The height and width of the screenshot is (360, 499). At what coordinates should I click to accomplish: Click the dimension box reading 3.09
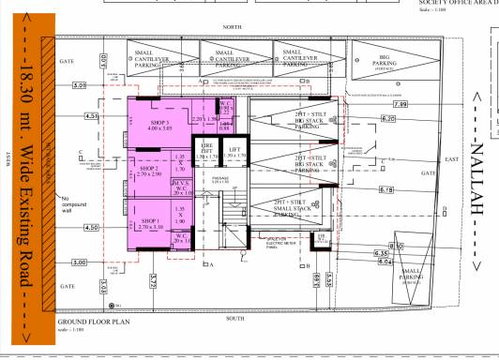pyautogui.click(x=80, y=86)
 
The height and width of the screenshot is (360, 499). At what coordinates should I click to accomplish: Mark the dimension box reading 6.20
pyautogui.click(x=389, y=119)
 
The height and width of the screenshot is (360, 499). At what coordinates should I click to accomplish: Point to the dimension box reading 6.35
pyautogui.click(x=382, y=253)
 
